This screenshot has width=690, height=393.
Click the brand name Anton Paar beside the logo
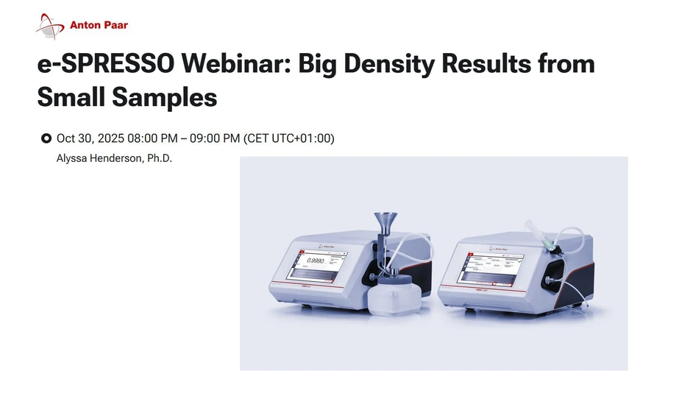point(99,25)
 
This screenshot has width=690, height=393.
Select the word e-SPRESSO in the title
point(106,64)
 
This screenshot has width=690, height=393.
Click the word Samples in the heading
point(127,96)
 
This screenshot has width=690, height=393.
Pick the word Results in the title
point(487,64)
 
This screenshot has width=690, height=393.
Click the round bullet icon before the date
point(46,138)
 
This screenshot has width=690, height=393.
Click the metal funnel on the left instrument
point(384,223)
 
